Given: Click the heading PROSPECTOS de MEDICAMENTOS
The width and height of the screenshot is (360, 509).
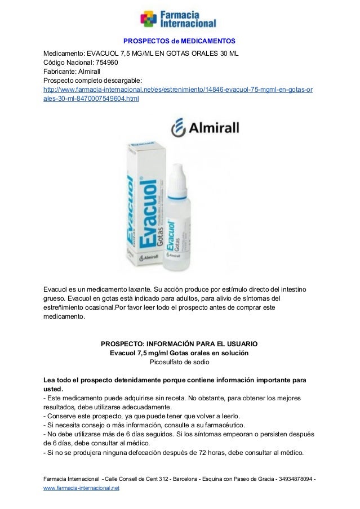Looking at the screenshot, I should pos(179,42).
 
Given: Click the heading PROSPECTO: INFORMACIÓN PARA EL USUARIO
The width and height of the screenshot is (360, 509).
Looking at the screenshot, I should pos(179,343).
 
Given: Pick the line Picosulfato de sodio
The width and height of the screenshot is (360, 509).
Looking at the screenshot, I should pos(179,363).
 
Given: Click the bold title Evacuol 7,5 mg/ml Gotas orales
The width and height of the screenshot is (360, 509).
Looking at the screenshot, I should pos(179,353).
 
